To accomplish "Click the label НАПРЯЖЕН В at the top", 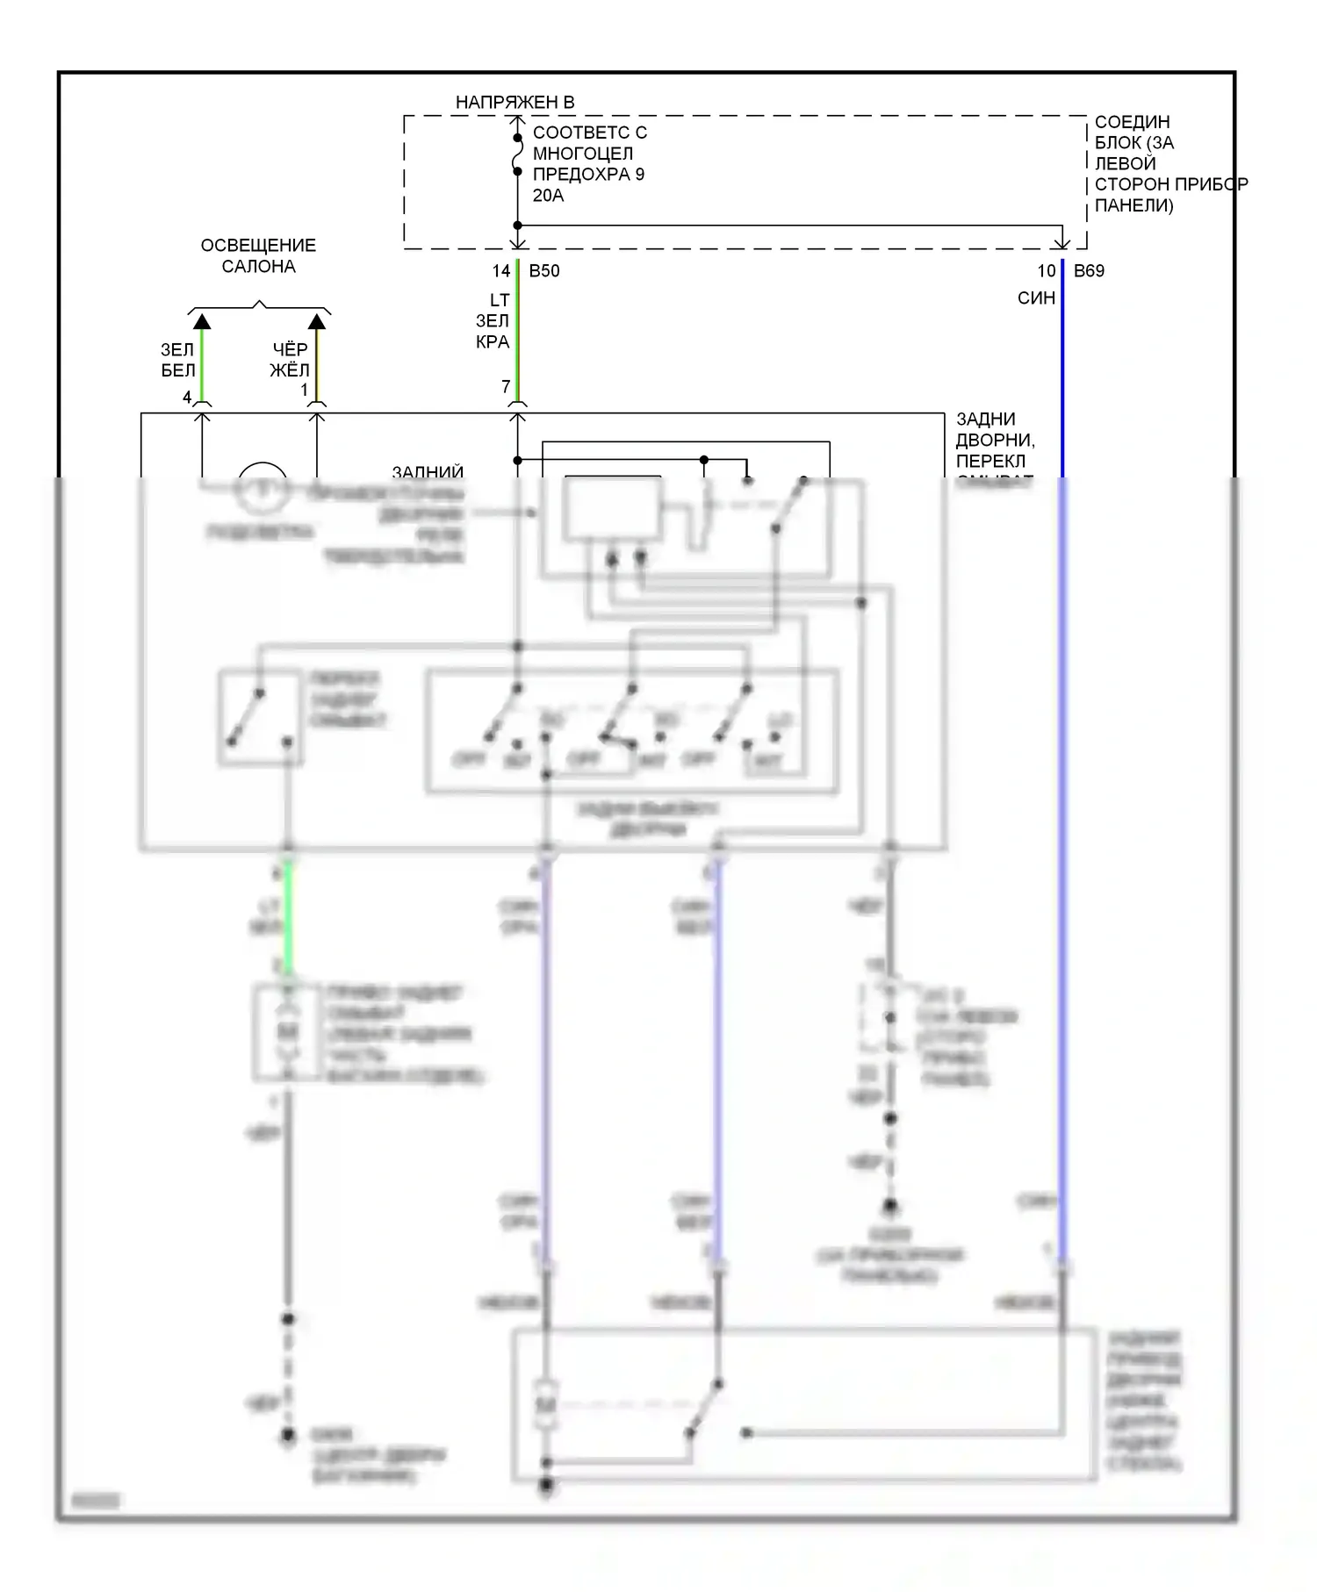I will coord(515,103).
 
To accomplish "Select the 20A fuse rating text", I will coord(548,196).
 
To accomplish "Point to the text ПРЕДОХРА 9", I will coord(588,175).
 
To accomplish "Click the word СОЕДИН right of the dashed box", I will coord(1132,122).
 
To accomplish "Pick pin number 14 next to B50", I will coord(500,271).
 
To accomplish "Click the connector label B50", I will coord(544,271).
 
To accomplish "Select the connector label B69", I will coord(1089,271).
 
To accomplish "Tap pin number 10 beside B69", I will coord(1046,271).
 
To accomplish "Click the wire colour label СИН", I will coord(1036,298).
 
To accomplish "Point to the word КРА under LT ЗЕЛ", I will coord(493,342).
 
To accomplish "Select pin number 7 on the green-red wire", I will coord(506,387).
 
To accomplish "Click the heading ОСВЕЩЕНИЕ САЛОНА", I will coord(258,255).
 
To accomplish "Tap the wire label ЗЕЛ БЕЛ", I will coord(177,360).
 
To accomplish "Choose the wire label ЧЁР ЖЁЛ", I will coord(290,360).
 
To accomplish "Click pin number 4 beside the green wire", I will coord(187,398).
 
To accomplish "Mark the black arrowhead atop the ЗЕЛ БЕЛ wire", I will coord(202,321).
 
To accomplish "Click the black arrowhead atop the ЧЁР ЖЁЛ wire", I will coord(317,321).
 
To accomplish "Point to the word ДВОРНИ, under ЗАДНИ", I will coord(995,440).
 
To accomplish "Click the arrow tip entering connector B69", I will coord(1062,245).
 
